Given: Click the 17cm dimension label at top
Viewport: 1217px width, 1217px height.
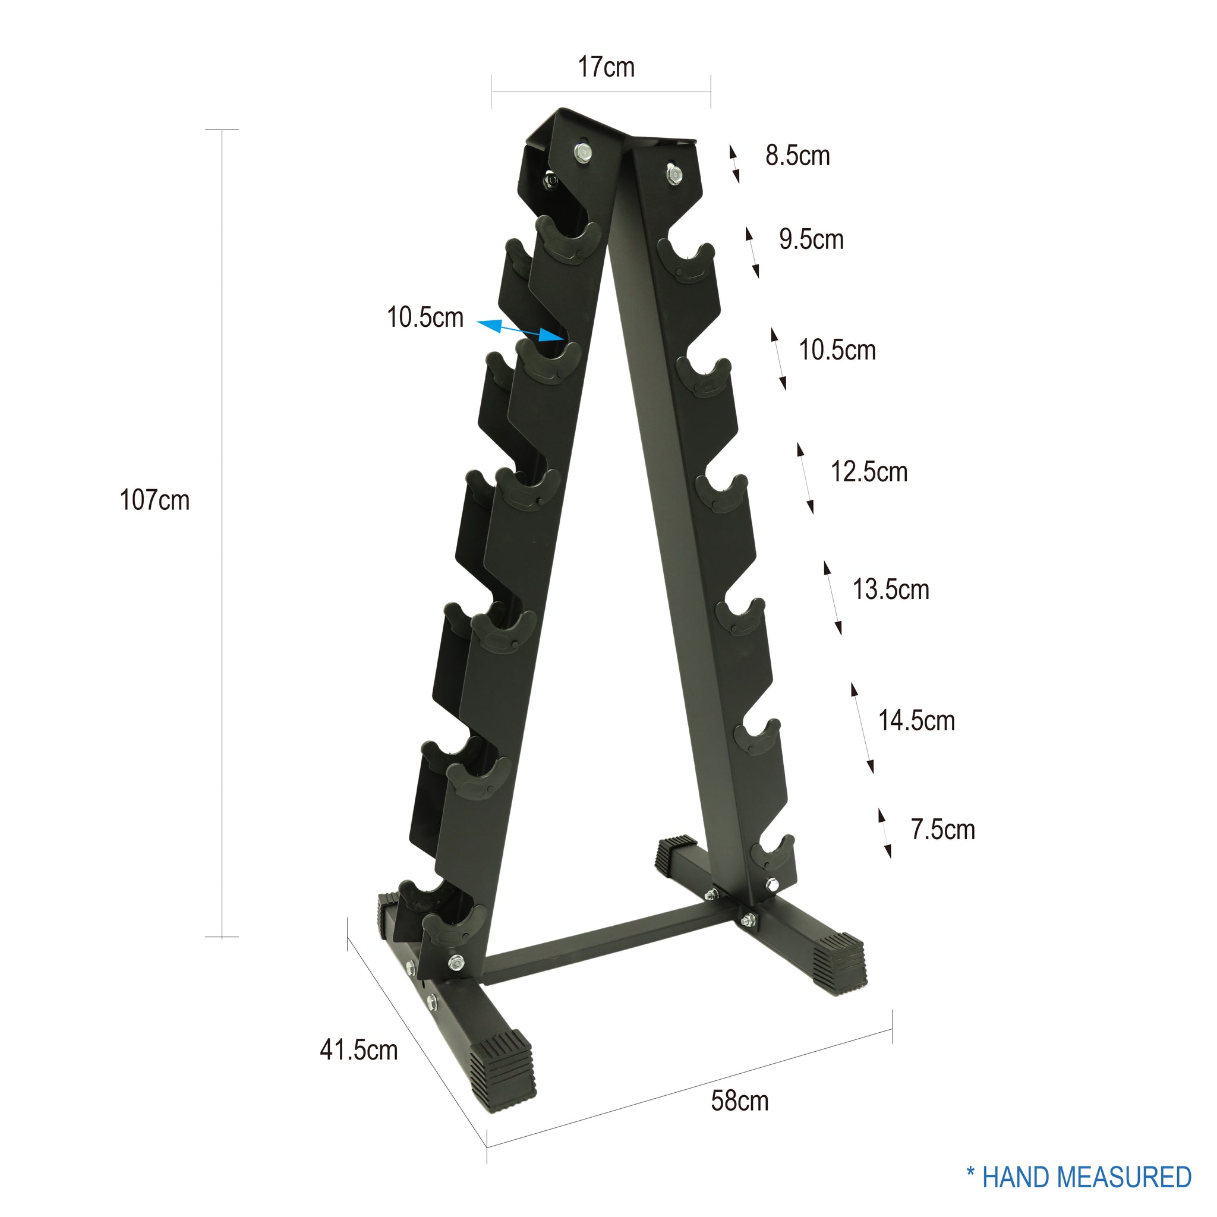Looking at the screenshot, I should (x=606, y=67).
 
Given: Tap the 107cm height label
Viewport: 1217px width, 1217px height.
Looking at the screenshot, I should (x=155, y=500).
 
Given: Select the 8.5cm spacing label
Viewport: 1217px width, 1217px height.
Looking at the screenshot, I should (x=797, y=156).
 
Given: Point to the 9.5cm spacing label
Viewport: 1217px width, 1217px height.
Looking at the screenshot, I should (x=811, y=239).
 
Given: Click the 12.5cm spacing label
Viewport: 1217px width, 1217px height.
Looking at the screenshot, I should (x=869, y=472).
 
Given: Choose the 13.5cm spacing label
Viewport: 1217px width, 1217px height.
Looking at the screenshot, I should (x=890, y=589).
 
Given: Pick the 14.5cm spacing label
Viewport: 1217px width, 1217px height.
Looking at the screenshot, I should (x=916, y=721).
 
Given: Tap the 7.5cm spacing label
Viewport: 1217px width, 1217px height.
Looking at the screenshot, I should (x=942, y=830).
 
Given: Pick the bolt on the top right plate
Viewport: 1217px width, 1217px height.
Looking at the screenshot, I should (x=673, y=174).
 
